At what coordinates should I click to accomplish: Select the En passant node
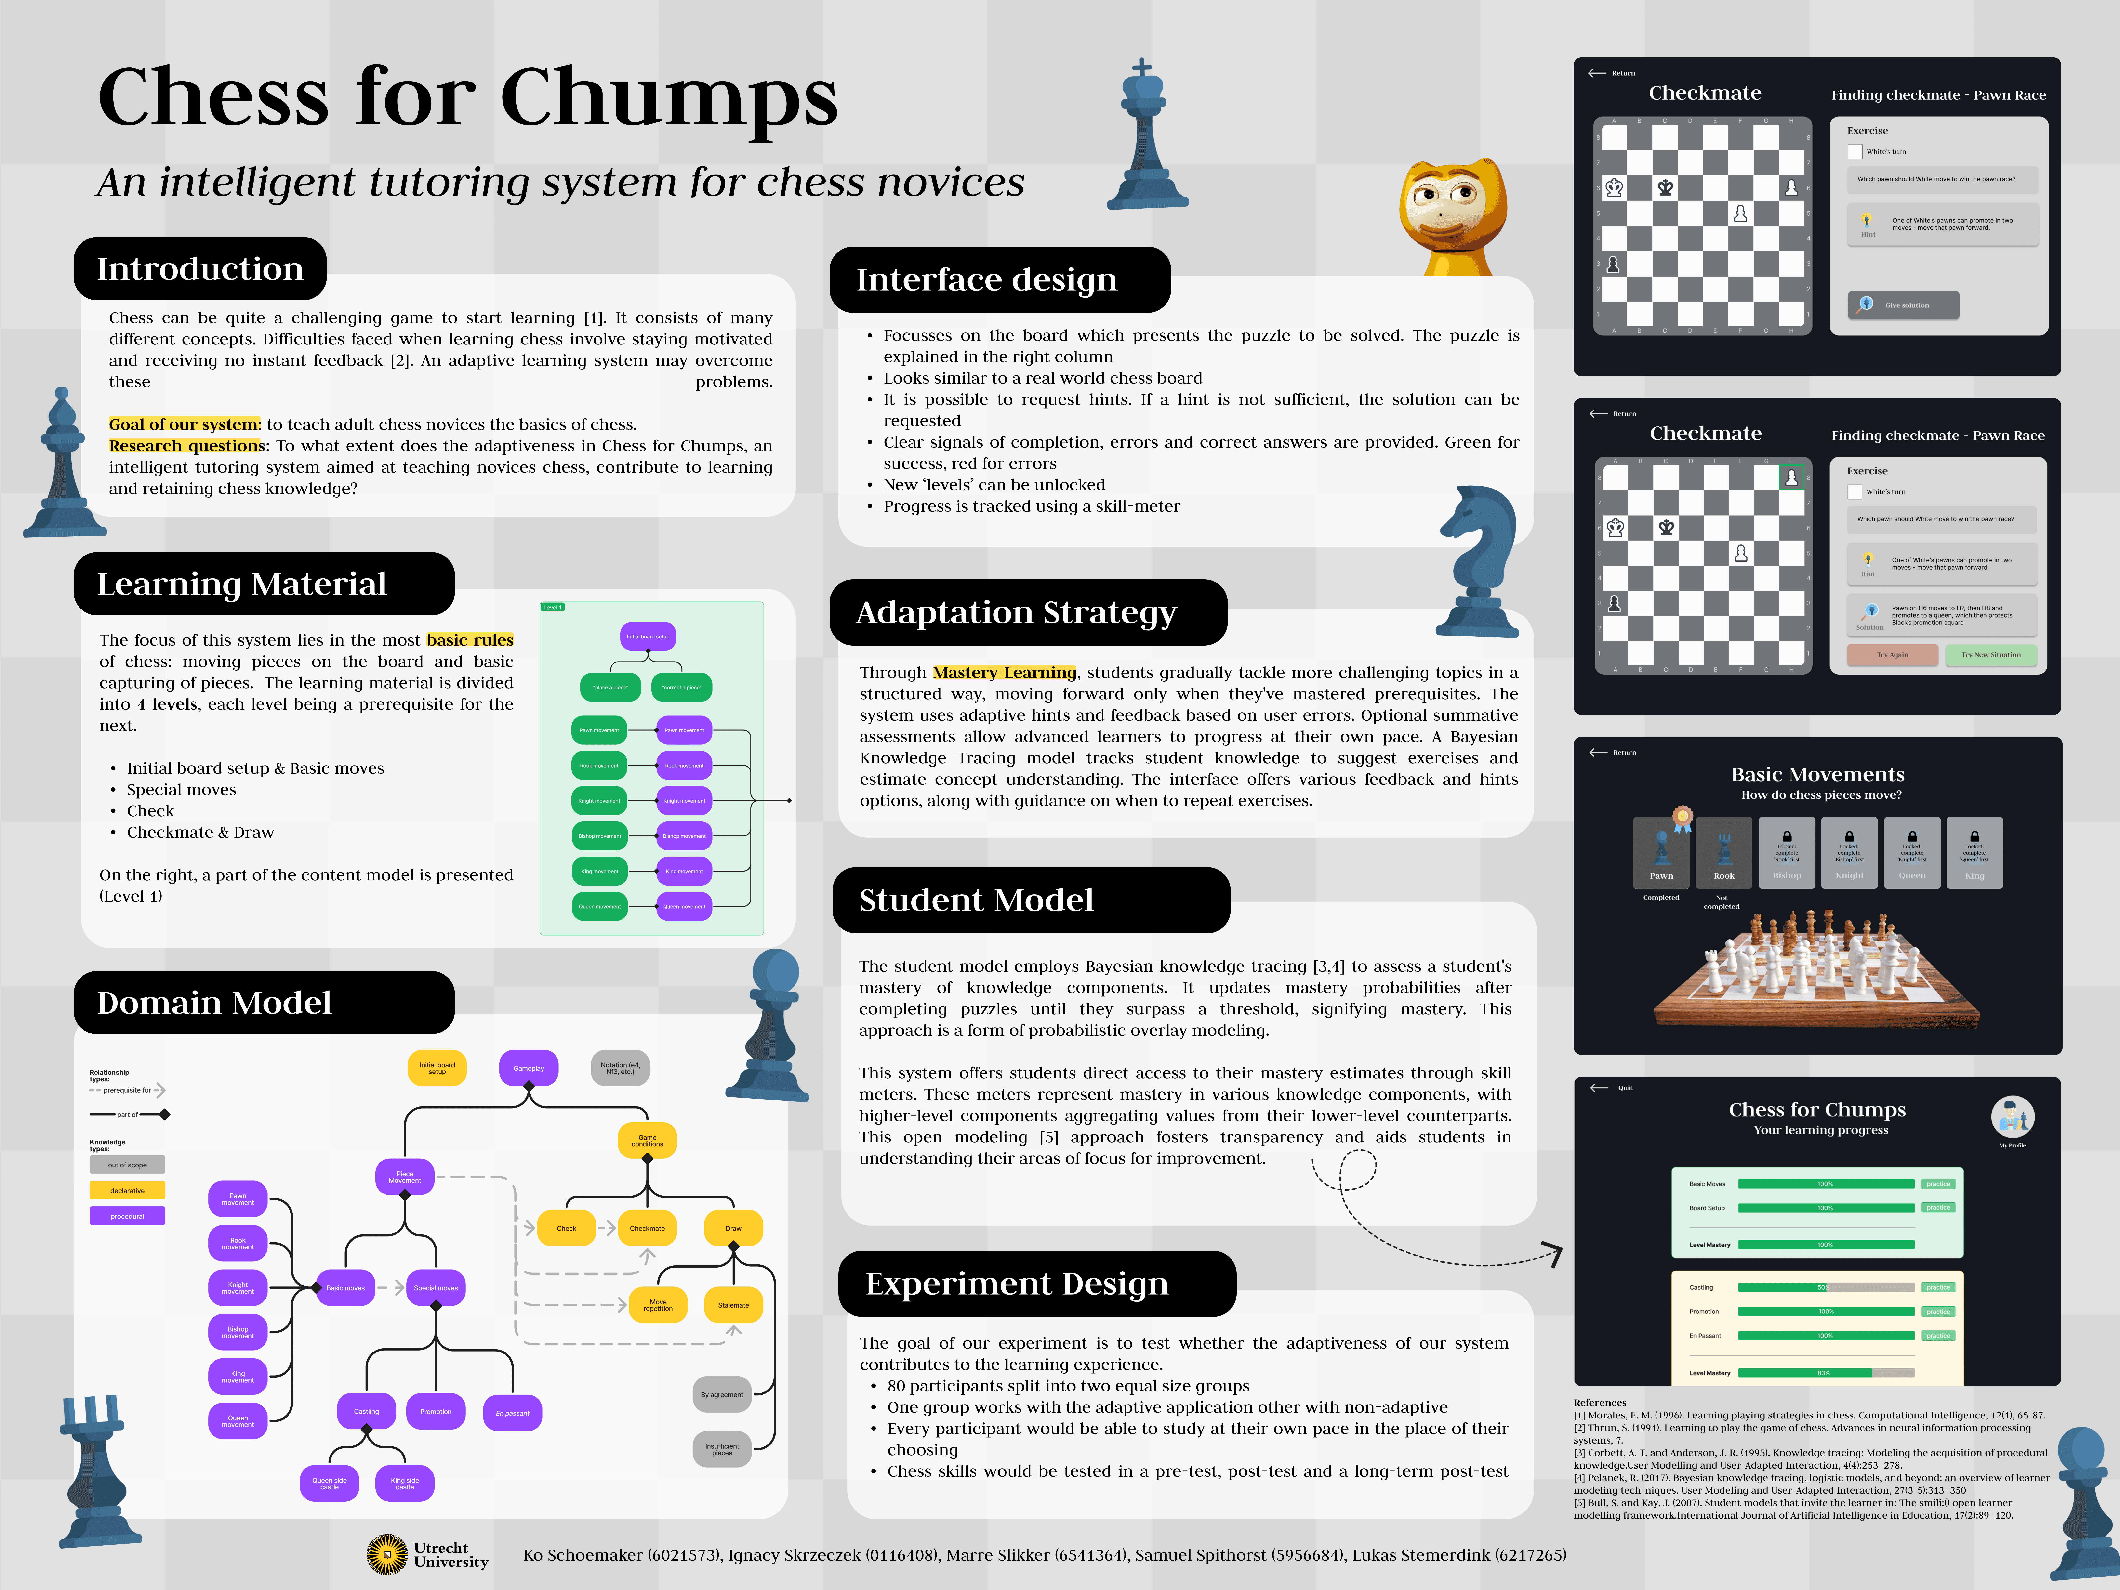513,1413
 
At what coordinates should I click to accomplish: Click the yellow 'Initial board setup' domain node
437,1068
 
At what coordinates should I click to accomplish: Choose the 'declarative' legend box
127,1190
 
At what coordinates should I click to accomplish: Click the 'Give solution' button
1903,305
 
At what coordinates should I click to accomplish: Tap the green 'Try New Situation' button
1991,655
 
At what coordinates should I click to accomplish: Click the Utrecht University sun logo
387,1554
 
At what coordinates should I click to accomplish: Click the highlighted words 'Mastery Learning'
1004,673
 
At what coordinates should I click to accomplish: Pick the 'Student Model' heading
976,900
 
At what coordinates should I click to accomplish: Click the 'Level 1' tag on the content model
553,608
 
